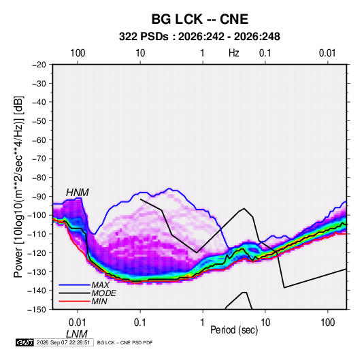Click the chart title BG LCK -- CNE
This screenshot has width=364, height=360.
click(x=200, y=19)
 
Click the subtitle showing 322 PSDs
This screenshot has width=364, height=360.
click(x=199, y=37)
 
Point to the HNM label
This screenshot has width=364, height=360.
click(x=78, y=193)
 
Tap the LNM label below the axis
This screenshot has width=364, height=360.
click(x=77, y=333)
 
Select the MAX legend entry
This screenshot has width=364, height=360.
click(x=100, y=284)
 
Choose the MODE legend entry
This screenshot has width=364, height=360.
click(x=104, y=293)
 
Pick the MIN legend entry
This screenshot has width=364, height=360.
click(x=99, y=301)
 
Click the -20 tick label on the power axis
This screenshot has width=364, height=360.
click(x=39, y=65)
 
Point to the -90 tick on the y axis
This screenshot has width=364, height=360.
click(x=39, y=196)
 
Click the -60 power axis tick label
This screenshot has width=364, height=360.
click(x=39, y=140)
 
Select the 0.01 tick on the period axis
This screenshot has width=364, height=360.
click(x=78, y=323)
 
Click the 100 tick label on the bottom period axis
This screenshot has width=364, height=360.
click(x=327, y=323)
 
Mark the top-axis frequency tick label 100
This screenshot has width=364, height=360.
click(x=78, y=53)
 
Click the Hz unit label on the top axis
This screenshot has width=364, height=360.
click(x=234, y=53)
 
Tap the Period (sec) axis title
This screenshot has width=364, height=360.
click(x=234, y=330)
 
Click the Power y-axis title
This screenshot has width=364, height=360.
click(x=18, y=186)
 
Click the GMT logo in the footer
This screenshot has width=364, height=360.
click(x=25, y=342)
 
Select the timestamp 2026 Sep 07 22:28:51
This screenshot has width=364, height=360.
click(x=63, y=342)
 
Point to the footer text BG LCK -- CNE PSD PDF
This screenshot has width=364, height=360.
click(x=125, y=342)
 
